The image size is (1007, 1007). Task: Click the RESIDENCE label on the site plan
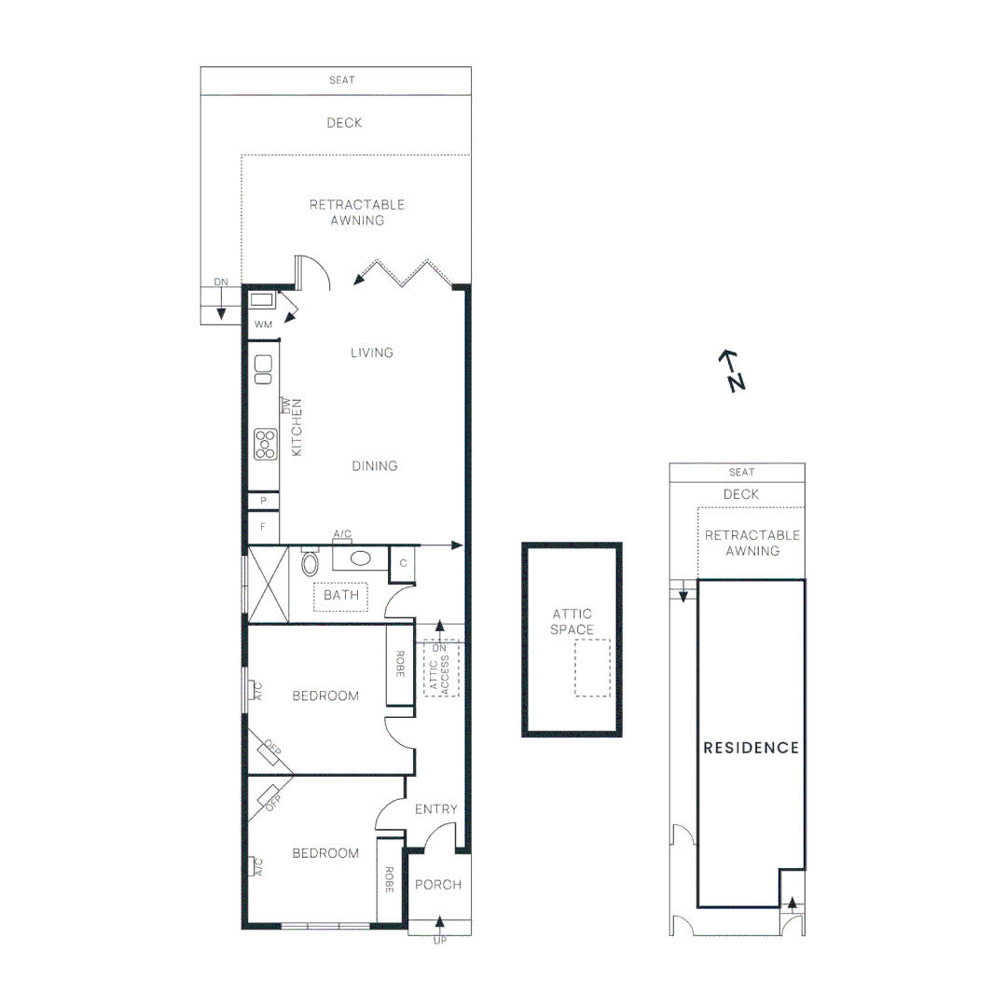pos(751,748)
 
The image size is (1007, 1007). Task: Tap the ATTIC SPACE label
pos(572,622)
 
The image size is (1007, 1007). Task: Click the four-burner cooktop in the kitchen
pos(266,444)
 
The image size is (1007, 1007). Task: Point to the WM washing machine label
pos(263,324)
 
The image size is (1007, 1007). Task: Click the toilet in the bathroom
pos(310,562)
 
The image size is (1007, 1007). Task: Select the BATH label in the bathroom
pos(341,595)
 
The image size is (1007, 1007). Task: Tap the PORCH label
pos(437,884)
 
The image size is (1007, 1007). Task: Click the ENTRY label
pos(436,808)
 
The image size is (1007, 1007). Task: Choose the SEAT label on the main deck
pos(342,80)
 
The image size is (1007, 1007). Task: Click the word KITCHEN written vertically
pos(297,426)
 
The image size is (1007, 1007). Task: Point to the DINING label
pos(375,466)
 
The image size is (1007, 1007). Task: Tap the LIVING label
pos(372,352)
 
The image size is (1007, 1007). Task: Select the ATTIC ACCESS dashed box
pos(441,669)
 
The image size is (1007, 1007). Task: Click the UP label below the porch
pos(440,941)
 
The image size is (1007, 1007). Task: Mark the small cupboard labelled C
pos(404,563)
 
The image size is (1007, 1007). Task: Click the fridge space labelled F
pos(264,527)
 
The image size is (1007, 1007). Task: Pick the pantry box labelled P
pos(264,501)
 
